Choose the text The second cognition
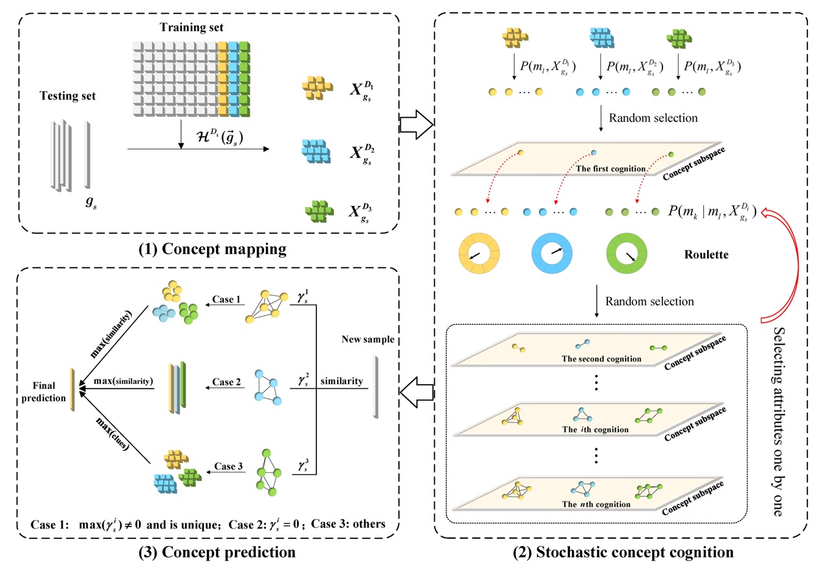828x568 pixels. point(602,359)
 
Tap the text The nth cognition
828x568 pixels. point(596,504)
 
